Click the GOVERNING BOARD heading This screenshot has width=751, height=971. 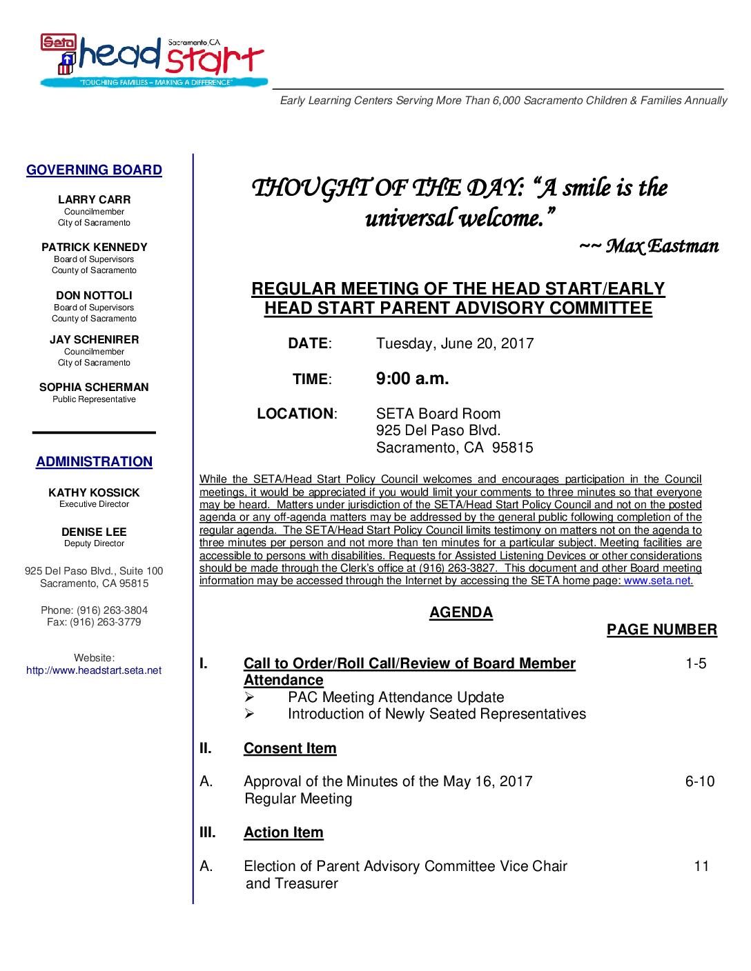94,170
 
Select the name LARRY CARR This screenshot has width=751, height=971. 94,199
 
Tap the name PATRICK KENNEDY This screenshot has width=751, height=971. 94,247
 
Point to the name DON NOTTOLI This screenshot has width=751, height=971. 94,295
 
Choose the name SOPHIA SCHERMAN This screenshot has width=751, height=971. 94,388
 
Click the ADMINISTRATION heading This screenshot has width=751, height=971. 94,462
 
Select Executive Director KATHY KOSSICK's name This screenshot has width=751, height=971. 94,492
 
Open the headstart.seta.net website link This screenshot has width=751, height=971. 94,670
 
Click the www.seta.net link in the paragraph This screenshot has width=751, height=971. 657,581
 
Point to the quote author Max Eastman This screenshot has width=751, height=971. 661,246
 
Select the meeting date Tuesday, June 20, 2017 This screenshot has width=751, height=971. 454,343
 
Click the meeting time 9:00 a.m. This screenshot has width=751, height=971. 412,379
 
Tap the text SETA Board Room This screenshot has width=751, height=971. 438,414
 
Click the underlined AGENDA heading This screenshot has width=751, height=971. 461,612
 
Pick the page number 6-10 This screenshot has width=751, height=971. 699,781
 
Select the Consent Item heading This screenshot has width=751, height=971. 290,748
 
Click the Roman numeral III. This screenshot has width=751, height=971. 207,832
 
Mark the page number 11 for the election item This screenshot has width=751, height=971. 701,866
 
